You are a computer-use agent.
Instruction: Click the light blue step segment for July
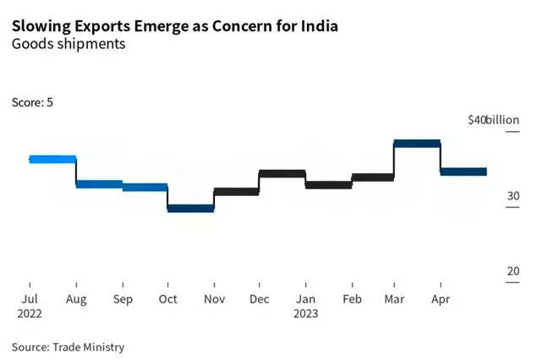pyautogui.click(x=52, y=159)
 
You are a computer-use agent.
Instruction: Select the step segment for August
pyautogui.click(x=99, y=183)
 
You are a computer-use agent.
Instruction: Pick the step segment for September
pyautogui.click(x=145, y=188)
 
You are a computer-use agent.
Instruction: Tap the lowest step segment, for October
pyautogui.click(x=191, y=209)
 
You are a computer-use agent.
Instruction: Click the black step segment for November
pyautogui.click(x=237, y=192)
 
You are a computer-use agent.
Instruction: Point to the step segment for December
pyautogui.click(x=282, y=173)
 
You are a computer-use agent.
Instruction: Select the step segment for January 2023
pyautogui.click(x=328, y=184)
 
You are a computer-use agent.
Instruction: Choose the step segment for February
pyautogui.click(x=373, y=177)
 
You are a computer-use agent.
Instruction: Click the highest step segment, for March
pyautogui.click(x=418, y=144)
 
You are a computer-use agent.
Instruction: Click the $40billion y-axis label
pyautogui.click(x=493, y=120)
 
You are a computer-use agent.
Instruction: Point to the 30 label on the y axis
pyautogui.click(x=513, y=196)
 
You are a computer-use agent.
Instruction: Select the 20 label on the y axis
pyautogui.click(x=513, y=270)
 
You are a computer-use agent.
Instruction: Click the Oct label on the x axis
pyautogui.click(x=168, y=298)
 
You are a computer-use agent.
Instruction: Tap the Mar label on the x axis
pyautogui.click(x=394, y=298)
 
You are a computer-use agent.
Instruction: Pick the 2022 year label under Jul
pyautogui.click(x=29, y=312)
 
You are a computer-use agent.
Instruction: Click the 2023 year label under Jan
pyautogui.click(x=306, y=312)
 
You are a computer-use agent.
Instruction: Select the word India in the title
pyautogui.click(x=318, y=26)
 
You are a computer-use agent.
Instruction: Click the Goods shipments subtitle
pyautogui.click(x=69, y=44)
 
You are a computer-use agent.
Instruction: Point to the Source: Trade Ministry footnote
pyautogui.click(x=68, y=346)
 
